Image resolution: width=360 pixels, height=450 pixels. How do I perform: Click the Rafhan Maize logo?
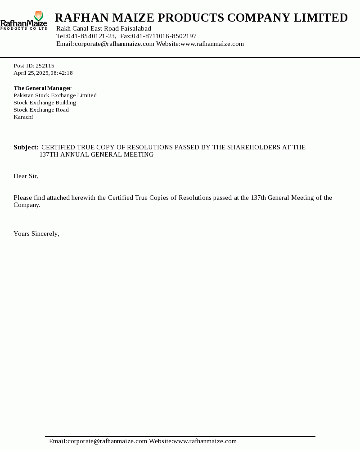tap(24, 21)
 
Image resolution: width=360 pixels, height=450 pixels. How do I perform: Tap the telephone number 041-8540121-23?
tap(91, 36)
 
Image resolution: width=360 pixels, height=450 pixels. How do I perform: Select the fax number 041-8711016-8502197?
tap(164, 36)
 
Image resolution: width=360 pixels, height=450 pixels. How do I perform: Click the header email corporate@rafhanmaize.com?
tap(115, 44)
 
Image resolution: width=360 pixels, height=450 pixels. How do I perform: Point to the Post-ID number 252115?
tap(45, 66)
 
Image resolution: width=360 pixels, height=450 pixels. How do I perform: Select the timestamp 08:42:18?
tap(62, 73)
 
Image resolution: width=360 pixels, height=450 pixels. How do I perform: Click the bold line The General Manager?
tap(43, 88)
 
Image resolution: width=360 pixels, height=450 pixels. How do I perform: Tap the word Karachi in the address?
tap(23, 117)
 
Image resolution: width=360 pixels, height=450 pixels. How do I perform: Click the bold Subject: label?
tap(26, 147)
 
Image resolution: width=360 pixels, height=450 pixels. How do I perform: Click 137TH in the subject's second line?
tap(49, 154)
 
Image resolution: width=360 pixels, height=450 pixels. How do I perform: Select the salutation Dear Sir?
tap(26, 176)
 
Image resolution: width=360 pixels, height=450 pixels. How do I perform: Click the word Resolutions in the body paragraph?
tap(195, 198)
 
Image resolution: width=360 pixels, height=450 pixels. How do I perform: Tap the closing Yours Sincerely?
tap(36, 234)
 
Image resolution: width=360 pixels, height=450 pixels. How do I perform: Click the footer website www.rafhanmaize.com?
tap(205, 441)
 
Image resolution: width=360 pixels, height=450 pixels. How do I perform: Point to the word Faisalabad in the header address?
tap(136, 28)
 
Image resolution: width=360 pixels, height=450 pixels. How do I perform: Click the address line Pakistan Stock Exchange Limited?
tap(55, 95)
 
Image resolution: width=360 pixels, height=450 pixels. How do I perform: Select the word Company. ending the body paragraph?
tap(27, 205)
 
